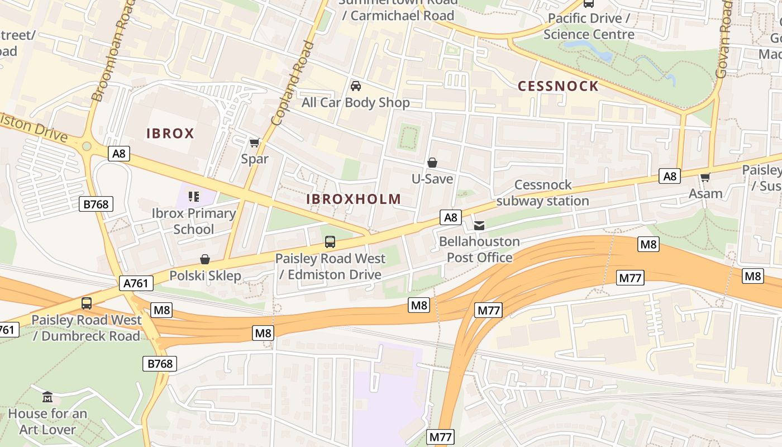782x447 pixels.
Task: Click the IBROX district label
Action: point(170,134)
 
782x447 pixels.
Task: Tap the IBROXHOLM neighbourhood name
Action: point(354,199)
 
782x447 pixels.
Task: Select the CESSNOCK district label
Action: point(558,86)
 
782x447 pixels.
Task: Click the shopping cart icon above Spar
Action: point(255,143)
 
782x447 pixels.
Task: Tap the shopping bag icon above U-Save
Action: point(432,163)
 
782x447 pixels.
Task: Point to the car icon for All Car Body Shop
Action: point(356,86)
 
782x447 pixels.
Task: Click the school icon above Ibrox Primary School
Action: point(194,197)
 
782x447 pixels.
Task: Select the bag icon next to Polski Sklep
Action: point(205,259)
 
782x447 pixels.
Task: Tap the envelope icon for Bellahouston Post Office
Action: point(479,226)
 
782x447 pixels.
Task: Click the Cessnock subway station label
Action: point(542,193)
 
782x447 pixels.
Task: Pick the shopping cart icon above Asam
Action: point(705,178)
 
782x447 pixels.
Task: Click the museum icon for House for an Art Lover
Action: point(47,397)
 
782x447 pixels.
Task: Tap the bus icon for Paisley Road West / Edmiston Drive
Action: point(330,242)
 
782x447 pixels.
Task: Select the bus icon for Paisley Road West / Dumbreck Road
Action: point(87,303)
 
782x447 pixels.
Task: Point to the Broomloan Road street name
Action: point(114,53)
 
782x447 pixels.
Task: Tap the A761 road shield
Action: point(136,284)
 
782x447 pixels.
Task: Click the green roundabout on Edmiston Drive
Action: point(87,146)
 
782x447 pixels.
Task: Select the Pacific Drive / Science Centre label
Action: point(589,26)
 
